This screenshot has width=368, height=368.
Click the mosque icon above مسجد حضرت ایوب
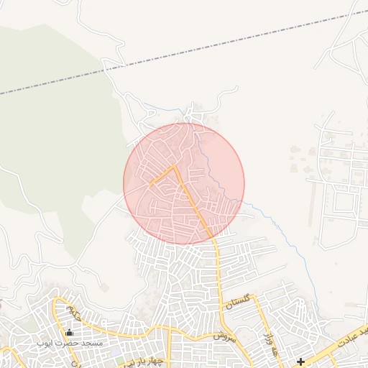(69, 332)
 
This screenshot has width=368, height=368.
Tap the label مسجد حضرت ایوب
(70, 344)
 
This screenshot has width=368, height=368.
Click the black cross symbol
(300, 361)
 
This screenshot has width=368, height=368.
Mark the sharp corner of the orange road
(175, 166)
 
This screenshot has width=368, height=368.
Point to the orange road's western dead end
(150, 185)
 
